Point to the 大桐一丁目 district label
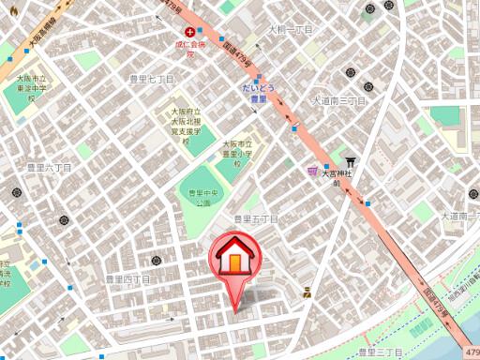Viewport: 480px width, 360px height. click(290, 30)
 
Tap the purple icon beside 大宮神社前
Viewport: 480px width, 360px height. click(311, 171)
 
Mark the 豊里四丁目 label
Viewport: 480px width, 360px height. click(127, 279)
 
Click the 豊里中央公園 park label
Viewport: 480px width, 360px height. click(202, 198)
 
